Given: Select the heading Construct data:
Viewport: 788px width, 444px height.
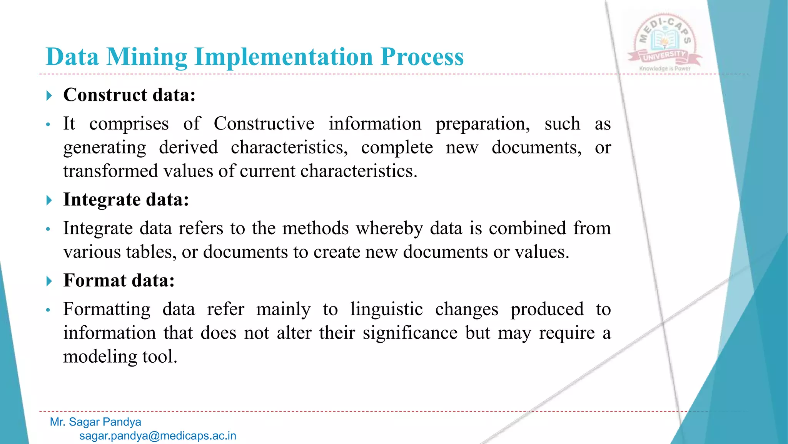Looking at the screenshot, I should point(129,95).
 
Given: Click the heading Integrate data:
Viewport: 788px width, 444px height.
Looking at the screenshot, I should point(126,200).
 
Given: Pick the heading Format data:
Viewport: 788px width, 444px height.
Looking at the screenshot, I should point(119,280).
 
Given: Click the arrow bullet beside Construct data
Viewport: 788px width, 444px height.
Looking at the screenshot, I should point(49,96).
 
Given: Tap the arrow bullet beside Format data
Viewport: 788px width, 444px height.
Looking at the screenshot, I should point(49,281).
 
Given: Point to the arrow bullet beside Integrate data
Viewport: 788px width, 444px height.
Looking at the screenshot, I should point(49,200).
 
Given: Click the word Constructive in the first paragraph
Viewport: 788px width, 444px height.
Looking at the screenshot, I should point(264,124).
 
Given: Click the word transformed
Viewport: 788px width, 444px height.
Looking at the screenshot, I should point(110,171).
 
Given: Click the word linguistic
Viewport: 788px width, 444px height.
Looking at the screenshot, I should point(386,309).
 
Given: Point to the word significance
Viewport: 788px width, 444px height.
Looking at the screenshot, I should point(410,333).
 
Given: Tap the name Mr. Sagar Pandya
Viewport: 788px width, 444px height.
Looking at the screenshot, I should point(95,422).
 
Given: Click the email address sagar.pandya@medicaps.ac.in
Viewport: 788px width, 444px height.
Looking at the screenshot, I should point(158,436).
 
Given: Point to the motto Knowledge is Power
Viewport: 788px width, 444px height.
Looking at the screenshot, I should point(665,69).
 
